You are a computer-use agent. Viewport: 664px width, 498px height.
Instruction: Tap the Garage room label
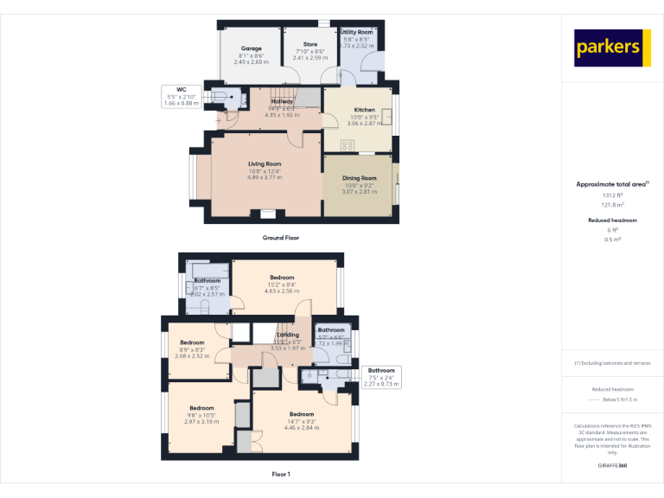point(251,55)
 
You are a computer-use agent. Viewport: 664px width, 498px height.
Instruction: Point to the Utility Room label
point(356,35)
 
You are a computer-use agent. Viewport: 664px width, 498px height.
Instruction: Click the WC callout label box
point(182,96)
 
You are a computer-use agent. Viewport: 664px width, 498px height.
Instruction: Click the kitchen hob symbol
point(348,144)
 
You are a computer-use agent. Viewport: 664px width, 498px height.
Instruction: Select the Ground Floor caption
point(281,237)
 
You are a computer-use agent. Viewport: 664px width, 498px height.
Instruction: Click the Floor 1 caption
point(281,474)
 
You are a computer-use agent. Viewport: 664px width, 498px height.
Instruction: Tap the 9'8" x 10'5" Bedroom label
point(201,414)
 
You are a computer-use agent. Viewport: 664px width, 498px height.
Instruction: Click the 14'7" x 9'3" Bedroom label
point(301,420)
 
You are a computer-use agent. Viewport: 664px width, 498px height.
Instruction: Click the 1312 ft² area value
point(612,195)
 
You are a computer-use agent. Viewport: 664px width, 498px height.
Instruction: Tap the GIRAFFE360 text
point(612,466)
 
